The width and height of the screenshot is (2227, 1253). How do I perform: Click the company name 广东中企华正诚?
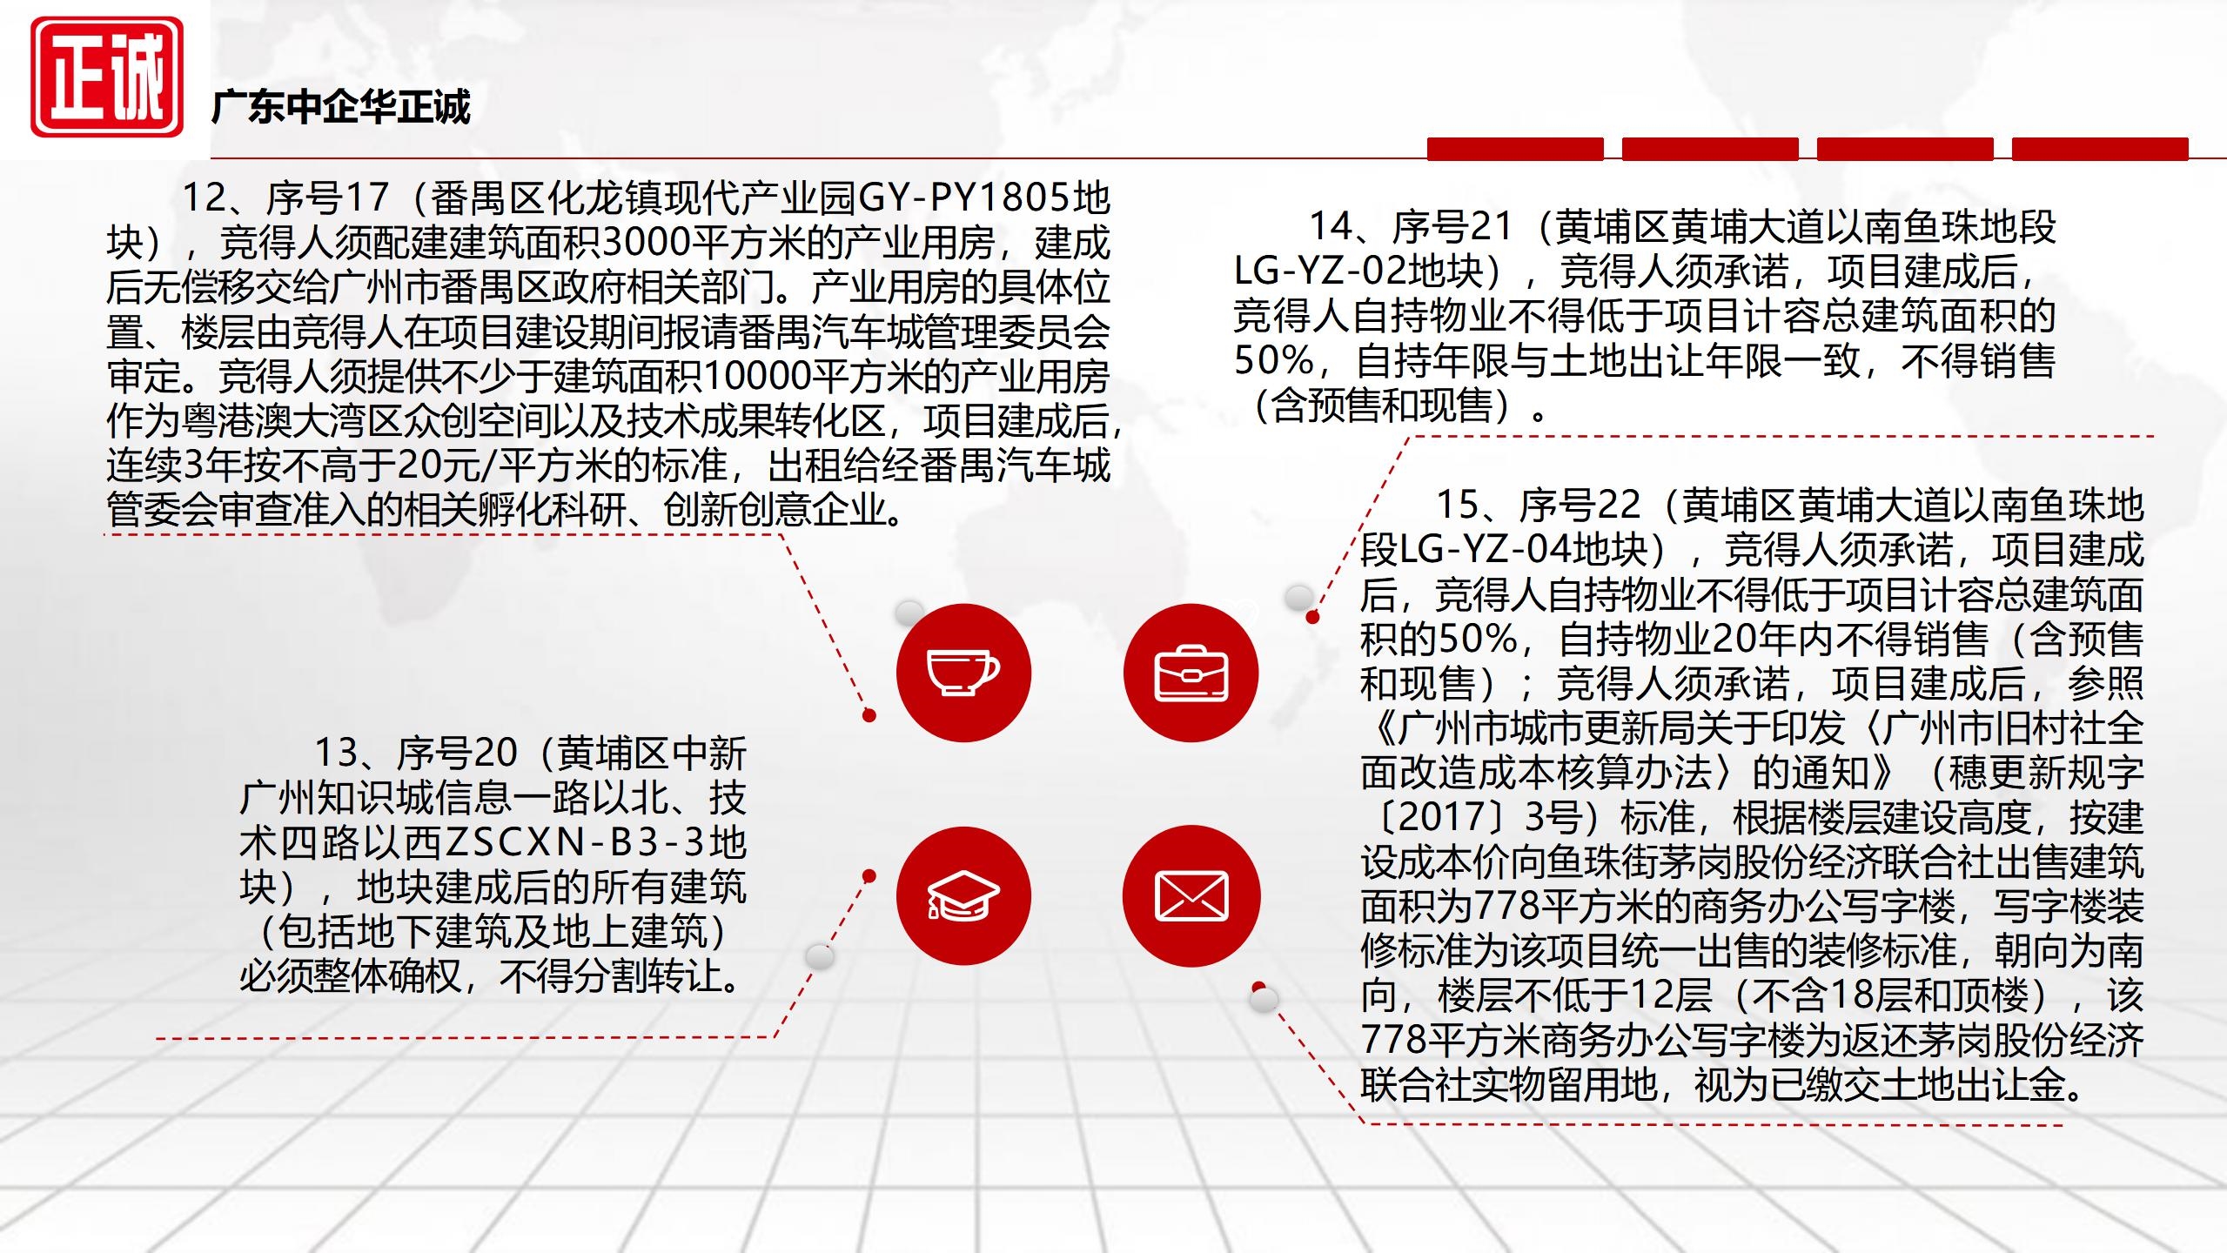(340, 107)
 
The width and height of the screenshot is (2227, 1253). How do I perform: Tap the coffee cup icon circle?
(963, 673)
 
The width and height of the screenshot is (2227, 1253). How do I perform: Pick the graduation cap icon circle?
(963, 896)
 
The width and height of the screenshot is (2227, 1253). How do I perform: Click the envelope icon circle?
(1191, 896)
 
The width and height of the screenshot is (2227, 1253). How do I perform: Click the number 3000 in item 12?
(645, 243)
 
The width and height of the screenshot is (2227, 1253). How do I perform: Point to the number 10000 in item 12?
(755, 377)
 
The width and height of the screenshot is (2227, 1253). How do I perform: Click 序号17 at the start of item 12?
(327, 198)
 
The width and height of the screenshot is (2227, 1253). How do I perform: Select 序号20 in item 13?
(457, 754)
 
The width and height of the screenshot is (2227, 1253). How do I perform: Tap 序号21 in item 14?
(1452, 227)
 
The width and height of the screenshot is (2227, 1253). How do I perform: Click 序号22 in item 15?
(1580, 506)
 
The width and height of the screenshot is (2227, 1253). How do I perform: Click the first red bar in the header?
(1515, 149)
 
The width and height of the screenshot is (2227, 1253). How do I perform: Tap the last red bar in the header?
(2100, 149)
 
